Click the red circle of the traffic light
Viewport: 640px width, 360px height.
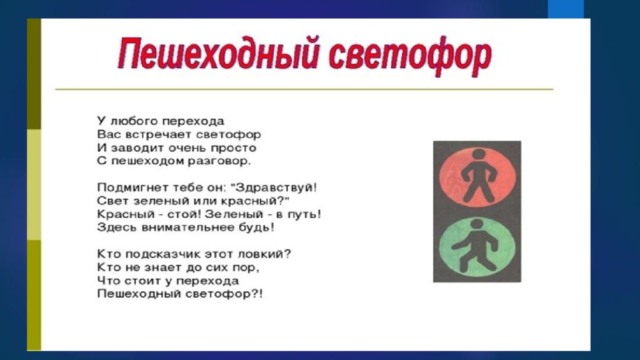coord(477,177)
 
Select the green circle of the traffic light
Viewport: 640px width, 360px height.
coord(477,247)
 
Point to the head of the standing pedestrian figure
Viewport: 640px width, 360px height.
coord(478,155)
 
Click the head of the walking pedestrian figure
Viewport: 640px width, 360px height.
coord(476,225)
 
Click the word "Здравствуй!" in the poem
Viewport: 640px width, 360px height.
coord(274,187)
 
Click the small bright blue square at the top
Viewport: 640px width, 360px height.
coord(566,9)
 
